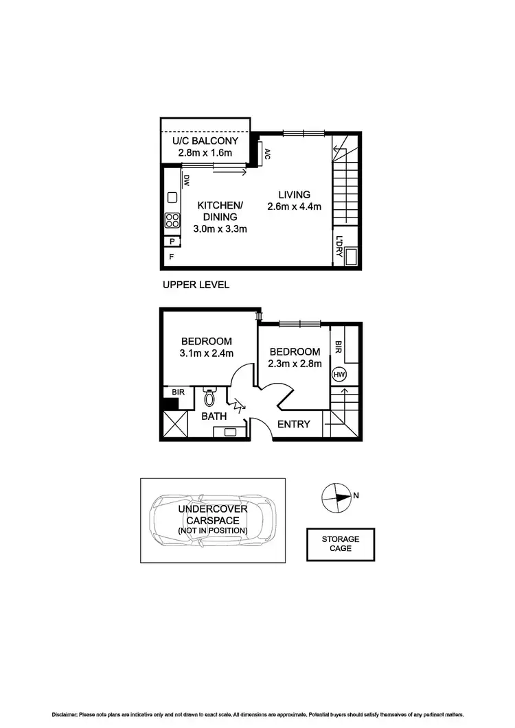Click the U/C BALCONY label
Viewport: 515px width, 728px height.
(x=204, y=141)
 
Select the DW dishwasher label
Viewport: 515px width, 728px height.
(x=185, y=180)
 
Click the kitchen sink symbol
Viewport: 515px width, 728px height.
(x=172, y=198)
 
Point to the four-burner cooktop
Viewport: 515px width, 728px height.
(x=172, y=221)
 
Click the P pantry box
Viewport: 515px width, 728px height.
(x=171, y=241)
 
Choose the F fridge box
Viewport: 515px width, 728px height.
(x=170, y=257)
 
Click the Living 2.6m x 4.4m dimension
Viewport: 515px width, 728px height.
(x=294, y=206)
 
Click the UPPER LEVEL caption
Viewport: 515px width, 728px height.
(x=196, y=285)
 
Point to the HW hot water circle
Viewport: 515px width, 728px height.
(x=338, y=375)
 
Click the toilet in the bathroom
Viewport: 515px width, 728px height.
(x=209, y=397)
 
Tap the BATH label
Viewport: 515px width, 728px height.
(x=214, y=416)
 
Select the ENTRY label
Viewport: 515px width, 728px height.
(x=293, y=424)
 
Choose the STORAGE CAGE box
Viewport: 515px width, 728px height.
(x=340, y=544)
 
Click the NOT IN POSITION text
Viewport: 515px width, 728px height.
(x=212, y=530)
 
